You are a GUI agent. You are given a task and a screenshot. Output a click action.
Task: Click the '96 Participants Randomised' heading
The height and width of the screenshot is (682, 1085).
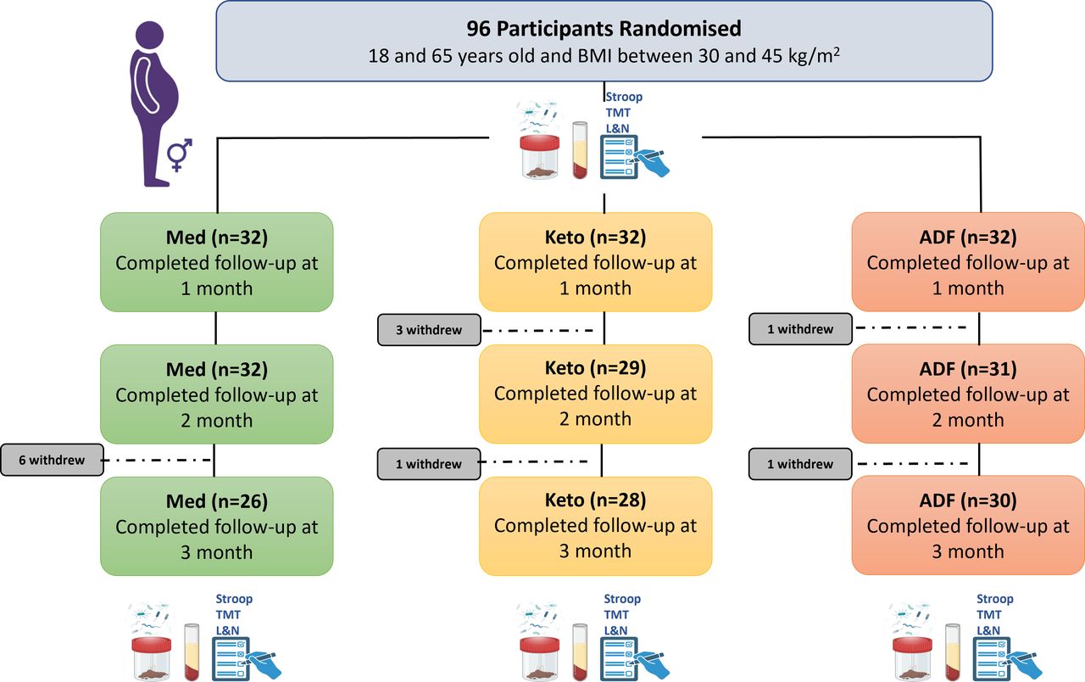point(604,29)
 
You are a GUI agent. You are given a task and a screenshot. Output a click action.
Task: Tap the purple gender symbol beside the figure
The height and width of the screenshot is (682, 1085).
point(180,155)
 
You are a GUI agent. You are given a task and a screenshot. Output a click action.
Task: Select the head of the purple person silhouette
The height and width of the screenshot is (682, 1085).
point(150,35)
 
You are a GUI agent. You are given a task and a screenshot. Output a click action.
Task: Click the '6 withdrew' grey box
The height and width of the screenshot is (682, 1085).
point(52,460)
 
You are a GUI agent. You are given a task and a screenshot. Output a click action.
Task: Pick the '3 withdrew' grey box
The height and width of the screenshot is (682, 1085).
point(429,330)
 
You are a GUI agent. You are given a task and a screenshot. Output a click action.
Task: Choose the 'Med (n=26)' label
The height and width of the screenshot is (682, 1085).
point(216,501)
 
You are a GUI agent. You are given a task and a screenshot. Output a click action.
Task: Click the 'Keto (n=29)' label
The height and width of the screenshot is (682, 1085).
point(595,368)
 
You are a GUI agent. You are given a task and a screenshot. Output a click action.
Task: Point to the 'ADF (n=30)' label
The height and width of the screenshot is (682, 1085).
point(968,500)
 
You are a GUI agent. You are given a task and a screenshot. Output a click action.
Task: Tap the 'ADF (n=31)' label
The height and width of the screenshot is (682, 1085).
point(968,369)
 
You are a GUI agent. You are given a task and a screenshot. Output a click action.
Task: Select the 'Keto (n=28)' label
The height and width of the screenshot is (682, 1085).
point(595,500)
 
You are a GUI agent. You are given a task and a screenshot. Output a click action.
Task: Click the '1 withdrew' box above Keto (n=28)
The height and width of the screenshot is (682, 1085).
point(429,464)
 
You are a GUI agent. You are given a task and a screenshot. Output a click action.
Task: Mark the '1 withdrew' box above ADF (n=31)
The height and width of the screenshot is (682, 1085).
point(800,329)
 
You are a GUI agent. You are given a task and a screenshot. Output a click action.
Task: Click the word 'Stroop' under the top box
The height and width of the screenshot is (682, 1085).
point(624,97)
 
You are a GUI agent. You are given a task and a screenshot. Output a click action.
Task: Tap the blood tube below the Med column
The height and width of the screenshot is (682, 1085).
point(192,652)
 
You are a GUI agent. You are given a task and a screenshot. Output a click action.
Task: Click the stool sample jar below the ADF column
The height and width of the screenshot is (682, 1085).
point(912,659)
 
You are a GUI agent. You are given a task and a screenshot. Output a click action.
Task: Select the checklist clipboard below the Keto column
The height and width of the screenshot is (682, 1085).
point(619,659)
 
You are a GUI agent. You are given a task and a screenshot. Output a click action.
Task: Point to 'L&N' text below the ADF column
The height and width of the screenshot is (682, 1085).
point(988,630)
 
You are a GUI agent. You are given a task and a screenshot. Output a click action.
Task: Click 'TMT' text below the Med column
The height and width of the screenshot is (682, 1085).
point(228,615)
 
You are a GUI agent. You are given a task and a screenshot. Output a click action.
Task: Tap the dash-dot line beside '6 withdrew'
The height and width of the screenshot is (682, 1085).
point(158,460)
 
